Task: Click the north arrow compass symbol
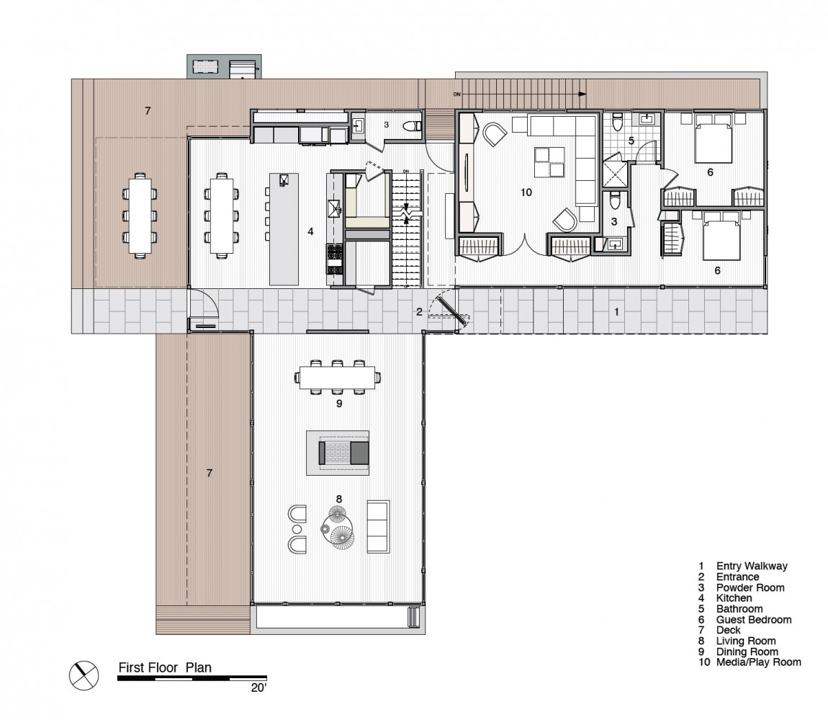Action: (x=84, y=675)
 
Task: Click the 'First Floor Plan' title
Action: (x=165, y=667)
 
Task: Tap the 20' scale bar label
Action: (x=258, y=688)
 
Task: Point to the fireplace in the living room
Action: (x=338, y=453)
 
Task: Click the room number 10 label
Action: (x=526, y=192)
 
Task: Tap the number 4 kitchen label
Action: (x=310, y=231)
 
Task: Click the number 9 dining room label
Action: (x=339, y=404)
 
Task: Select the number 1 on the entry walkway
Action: (x=616, y=312)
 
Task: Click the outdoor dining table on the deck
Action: (x=140, y=215)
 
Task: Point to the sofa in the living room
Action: (x=378, y=527)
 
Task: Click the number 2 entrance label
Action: (x=419, y=312)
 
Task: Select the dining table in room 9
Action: (x=338, y=378)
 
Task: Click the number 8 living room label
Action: (x=339, y=499)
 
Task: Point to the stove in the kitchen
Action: (x=336, y=259)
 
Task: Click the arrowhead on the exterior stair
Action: (x=582, y=94)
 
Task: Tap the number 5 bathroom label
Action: (x=631, y=141)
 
